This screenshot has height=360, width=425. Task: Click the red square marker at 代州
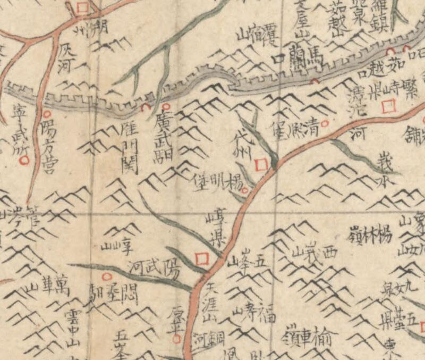(x=260, y=165)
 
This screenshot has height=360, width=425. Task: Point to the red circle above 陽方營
(x=47, y=114)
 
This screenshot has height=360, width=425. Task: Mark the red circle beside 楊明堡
(x=245, y=189)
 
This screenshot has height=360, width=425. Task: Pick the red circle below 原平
(x=177, y=337)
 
